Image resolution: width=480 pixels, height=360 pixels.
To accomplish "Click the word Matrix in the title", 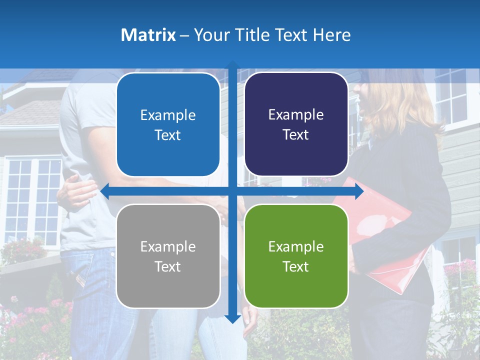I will click(148, 35).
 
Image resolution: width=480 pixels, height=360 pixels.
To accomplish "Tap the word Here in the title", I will click(331, 35).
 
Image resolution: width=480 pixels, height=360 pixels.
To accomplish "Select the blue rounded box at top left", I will click(168, 125).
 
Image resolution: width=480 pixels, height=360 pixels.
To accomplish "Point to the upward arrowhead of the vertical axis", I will click(232, 64).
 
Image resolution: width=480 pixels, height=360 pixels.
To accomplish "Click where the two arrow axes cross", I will click(232, 191).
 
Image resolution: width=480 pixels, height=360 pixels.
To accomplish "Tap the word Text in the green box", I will click(296, 266).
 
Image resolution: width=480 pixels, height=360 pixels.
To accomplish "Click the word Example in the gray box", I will click(168, 246).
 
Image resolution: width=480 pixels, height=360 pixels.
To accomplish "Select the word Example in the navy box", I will click(296, 115).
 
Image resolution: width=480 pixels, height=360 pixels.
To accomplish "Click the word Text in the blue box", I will click(168, 135).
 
